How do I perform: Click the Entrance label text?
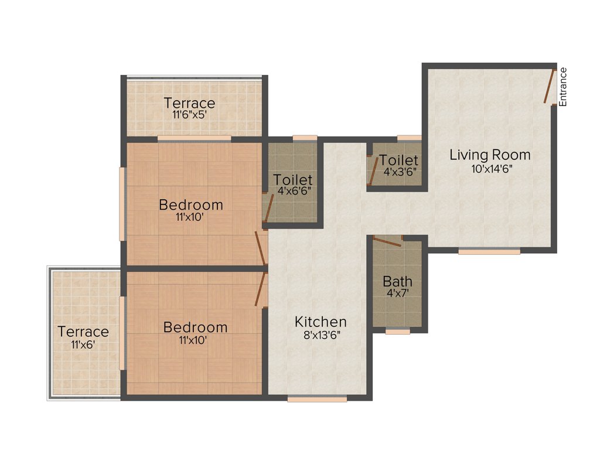click(563, 87)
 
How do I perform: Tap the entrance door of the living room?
click(550, 86)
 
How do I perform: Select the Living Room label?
click(490, 155)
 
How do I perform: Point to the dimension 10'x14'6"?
click(490, 168)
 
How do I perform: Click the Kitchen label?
click(321, 322)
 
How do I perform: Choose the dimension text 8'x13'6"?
click(321, 335)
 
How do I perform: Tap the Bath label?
click(397, 281)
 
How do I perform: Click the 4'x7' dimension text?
click(397, 292)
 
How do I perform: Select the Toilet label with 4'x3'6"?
click(398, 161)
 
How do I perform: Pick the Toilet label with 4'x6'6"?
click(293, 180)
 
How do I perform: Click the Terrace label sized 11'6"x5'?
click(189, 103)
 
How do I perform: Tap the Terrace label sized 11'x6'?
click(83, 332)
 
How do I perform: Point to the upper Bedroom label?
click(191, 205)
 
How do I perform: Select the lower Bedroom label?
click(195, 327)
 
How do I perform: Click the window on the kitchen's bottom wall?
click(317, 399)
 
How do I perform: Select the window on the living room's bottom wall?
click(489, 251)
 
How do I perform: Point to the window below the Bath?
click(397, 331)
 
